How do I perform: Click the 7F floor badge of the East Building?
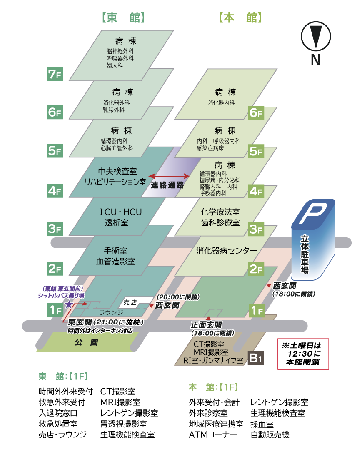point(55,75)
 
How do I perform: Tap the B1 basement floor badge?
point(256,358)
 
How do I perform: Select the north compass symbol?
point(315,37)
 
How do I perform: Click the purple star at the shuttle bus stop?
point(68,305)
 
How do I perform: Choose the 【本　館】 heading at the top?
point(240,17)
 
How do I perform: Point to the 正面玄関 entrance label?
point(206,325)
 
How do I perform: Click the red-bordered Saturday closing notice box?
point(303,354)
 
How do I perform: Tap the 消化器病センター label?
point(227,251)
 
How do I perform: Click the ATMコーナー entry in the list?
point(212,435)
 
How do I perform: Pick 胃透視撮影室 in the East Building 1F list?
point(123,424)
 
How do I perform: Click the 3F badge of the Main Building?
point(256,229)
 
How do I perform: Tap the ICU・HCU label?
point(121,212)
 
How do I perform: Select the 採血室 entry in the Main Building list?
point(262,424)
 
